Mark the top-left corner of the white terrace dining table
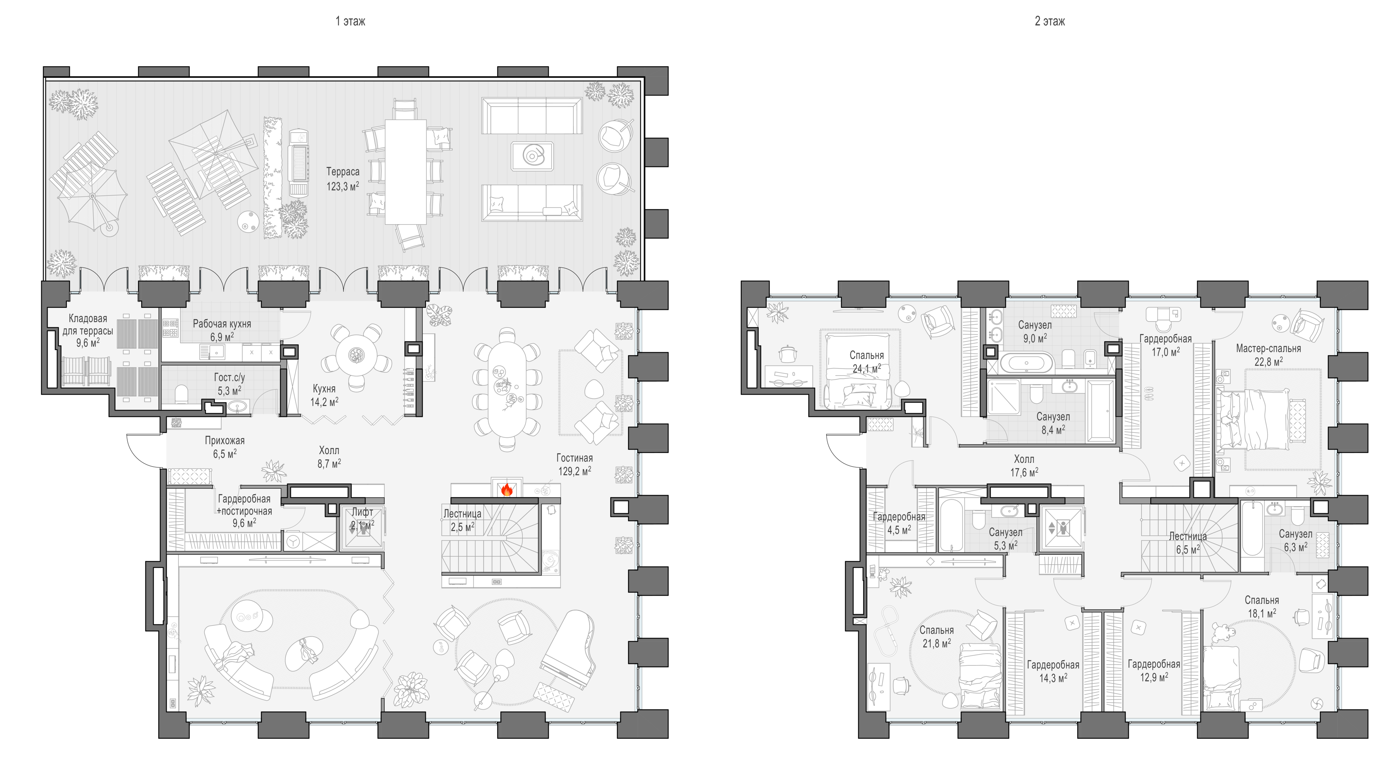coord(385,120)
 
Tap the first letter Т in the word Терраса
coord(328,172)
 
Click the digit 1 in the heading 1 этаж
coord(338,21)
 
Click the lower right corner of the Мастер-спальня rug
coord(1321,469)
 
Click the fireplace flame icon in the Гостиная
coord(507,490)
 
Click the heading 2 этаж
coord(1050,21)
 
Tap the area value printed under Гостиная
coord(575,471)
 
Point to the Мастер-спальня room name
coord(1268,348)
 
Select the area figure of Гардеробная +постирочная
coord(244,523)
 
